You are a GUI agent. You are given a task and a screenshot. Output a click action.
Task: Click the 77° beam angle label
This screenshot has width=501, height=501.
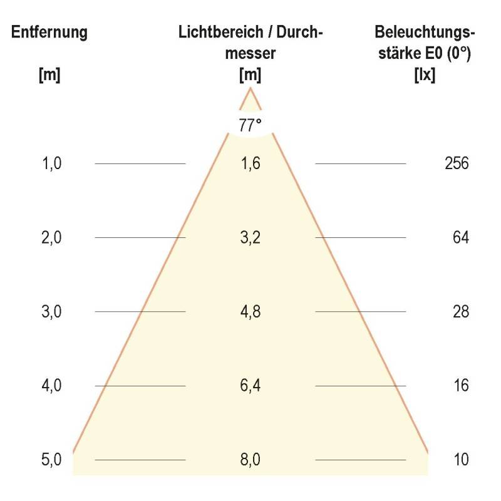pyautogui.click(x=250, y=124)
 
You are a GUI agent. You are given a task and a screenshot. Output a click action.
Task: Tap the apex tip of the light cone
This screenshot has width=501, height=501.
pyautogui.click(x=250, y=89)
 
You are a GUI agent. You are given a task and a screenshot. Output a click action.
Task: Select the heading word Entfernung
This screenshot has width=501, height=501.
pyautogui.click(x=49, y=33)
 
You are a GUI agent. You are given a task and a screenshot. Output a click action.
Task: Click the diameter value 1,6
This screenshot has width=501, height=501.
pyautogui.click(x=250, y=164)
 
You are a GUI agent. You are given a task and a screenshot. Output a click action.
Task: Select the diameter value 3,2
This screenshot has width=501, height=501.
pyautogui.click(x=250, y=238)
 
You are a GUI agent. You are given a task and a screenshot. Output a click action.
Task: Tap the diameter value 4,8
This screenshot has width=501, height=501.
pyautogui.click(x=250, y=311)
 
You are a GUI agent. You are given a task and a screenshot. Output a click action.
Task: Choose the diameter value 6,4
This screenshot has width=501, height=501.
pyautogui.click(x=250, y=385)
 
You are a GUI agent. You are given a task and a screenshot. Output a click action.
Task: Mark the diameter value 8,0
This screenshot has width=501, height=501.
pyautogui.click(x=250, y=460)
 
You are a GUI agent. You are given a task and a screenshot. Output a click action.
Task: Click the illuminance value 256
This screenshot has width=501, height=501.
pyautogui.click(x=457, y=164)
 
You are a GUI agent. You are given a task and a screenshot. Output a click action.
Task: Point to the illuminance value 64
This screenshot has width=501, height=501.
pyautogui.click(x=461, y=238)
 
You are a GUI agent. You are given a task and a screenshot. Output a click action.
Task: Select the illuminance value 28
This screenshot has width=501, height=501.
pyautogui.click(x=461, y=311)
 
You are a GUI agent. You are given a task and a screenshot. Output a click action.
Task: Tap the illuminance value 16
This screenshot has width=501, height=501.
pyautogui.click(x=461, y=385)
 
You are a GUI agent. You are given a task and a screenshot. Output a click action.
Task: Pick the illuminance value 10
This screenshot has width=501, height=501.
pyautogui.click(x=461, y=460)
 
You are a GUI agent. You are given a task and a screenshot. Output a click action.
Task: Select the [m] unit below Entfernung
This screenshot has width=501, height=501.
pyautogui.click(x=49, y=75)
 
